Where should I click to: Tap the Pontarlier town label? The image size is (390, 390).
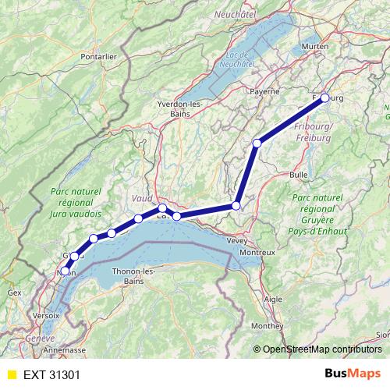(x=98, y=56)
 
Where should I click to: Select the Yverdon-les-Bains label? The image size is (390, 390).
(x=180, y=108)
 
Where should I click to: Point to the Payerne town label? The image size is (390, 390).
(x=264, y=91)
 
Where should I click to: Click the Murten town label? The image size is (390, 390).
(x=315, y=47)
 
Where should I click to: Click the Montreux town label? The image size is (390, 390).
(x=257, y=253)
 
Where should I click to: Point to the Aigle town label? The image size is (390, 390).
(x=274, y=299)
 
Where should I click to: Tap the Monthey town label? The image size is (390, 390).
(x=268, y=325)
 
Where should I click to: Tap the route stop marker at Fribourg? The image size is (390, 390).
(x=325, y=98)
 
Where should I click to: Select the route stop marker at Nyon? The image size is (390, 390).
(x=65, y=271)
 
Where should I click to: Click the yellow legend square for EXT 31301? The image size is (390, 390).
(x=11, y=374)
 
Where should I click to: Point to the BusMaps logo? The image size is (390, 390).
(x=353, y=374)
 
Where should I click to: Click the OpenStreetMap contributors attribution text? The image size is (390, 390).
(x=321, y=349)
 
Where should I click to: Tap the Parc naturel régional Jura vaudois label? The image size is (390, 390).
(x=75, y=202)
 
